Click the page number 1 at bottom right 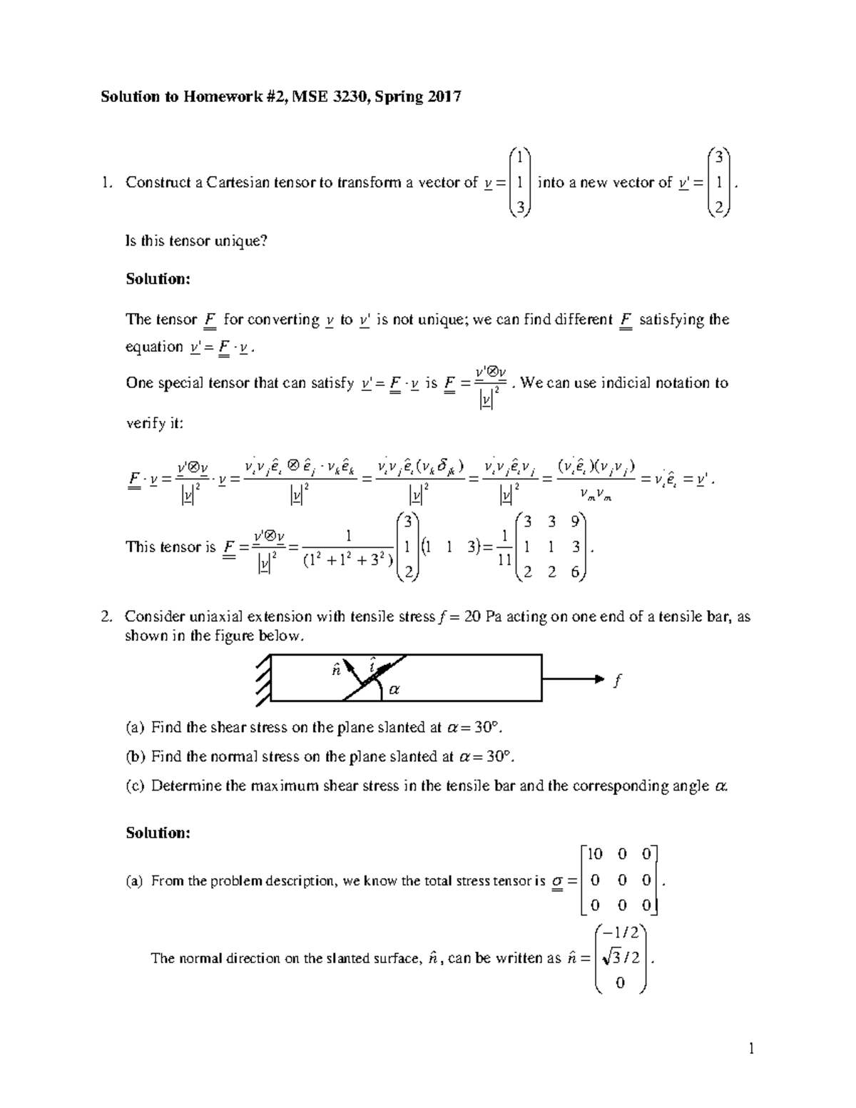click(x=751, y=1049)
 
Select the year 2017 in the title click(x=444, y=96)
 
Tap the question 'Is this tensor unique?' click(x=196, y=241)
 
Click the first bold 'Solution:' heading click(x=158, y=279)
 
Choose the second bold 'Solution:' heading click(x=158, y=833)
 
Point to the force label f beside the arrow click(x=617, y=681)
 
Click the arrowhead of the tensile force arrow click(x=598, y=679)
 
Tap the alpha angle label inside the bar click(x=394, y=689)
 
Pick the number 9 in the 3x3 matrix click(x=574, y=522)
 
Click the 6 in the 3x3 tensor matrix click(x=574, y=571)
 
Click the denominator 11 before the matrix click(x=504, y=561)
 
